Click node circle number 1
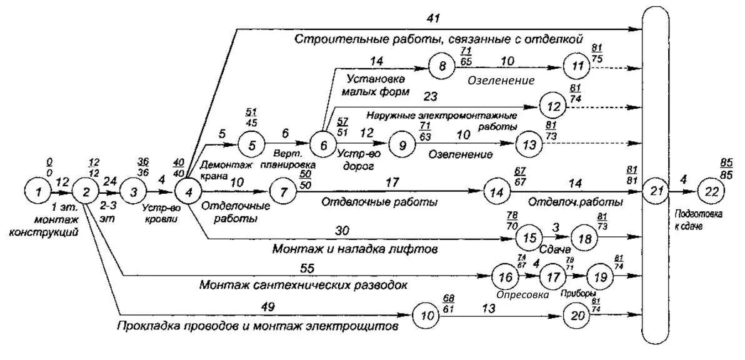click(x=38, y=191)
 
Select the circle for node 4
click(x=186, y=191)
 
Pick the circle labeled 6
click(x=323, y=145)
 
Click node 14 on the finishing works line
click(x=497, y=191)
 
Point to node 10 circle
click(x=426, y=316)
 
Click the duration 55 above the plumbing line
click(x=307, y=269)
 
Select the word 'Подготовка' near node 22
click(x=698, y=213)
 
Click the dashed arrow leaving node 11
click(x=619, y=66)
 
